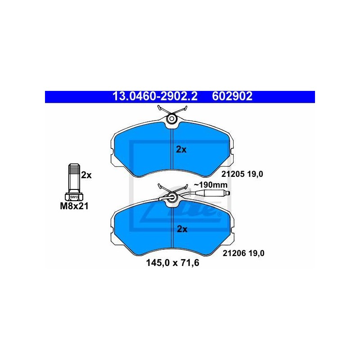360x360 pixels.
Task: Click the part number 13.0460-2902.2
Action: pyautogui.click(x=155, y=96)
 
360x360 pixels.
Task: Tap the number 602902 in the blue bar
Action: pyautogui.click(x=232, y=96)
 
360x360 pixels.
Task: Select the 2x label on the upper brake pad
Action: pyautogui.click(x=181, y=150)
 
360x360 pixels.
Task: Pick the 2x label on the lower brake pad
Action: pyautogui.click(x=182, y=229)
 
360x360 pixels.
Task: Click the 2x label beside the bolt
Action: pyautogui.click(x=86, y=175)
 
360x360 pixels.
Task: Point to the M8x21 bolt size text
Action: pyautogui.click(x=74, y=206)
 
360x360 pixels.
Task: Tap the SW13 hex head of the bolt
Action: pyautogui.click(x=74, y=197)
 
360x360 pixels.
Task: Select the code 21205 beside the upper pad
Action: pyautogui.click(x=233, y=174)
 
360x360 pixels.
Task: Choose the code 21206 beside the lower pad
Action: pyautogui.click(x=234, y=253)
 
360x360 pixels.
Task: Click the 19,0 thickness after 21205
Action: pyautogui.click(x=255, y=174)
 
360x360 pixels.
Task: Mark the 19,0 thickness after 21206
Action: pyautogui.click(x=256, y=253)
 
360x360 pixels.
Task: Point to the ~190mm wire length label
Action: pyautogui.click(x=211, y=185)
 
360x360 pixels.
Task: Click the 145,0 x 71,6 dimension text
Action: pyautogui.click(x=173, y=263)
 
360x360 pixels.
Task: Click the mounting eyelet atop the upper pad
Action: pyautogui.click(x=172, y=118)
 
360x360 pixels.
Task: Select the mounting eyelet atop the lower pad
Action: pyautogui.click(x=172, y=196)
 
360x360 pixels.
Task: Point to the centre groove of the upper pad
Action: pyautogui.click(x=172, y=149)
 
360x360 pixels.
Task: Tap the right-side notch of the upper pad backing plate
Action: pyautogui.click(x=232, y=152)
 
